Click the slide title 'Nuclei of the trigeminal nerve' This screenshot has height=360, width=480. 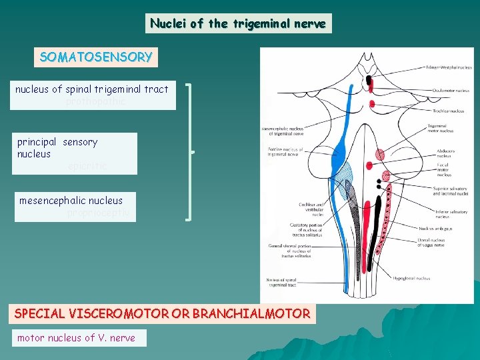pos(238,24)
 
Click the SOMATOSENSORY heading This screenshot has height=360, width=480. pos(96,57)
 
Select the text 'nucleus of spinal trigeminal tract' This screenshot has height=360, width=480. pos(92,89)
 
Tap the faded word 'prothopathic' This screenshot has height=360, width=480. pos(95,102)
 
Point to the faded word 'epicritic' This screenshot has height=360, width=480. pos(87,166)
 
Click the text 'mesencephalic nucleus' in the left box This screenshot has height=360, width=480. pos(71,200)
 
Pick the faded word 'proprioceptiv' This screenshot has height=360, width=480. pos(98,213)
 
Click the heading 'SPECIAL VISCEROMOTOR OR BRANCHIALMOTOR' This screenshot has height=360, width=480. pos(162,313)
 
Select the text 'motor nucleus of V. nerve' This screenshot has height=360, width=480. pos(76,338)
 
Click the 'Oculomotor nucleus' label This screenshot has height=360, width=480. pos(451,91)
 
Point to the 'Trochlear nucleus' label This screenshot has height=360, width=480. pos(448,111)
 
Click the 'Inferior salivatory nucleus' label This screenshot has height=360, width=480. pos(452,213)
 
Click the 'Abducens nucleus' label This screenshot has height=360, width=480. pos(444,153)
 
